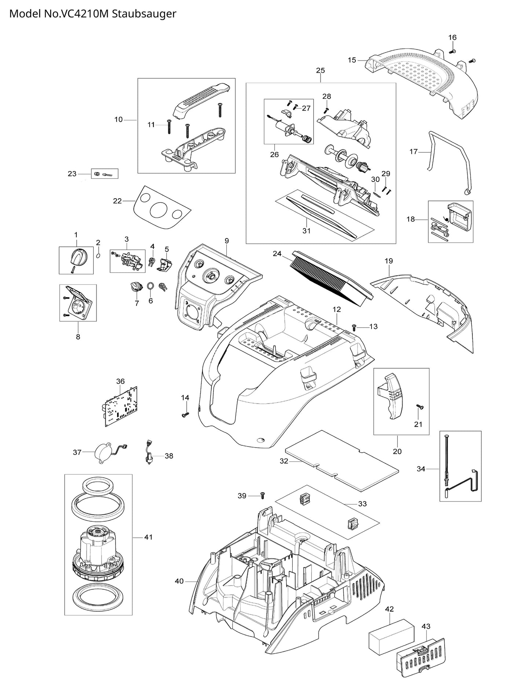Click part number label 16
pos(452,37)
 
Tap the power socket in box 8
pos(80,303)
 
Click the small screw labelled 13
pos(354,326)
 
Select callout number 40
pos(179,581)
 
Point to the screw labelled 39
pos(263,496)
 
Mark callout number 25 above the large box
pos(320,70)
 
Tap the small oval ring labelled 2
pos(98,255)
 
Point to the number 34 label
pos(421,469)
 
